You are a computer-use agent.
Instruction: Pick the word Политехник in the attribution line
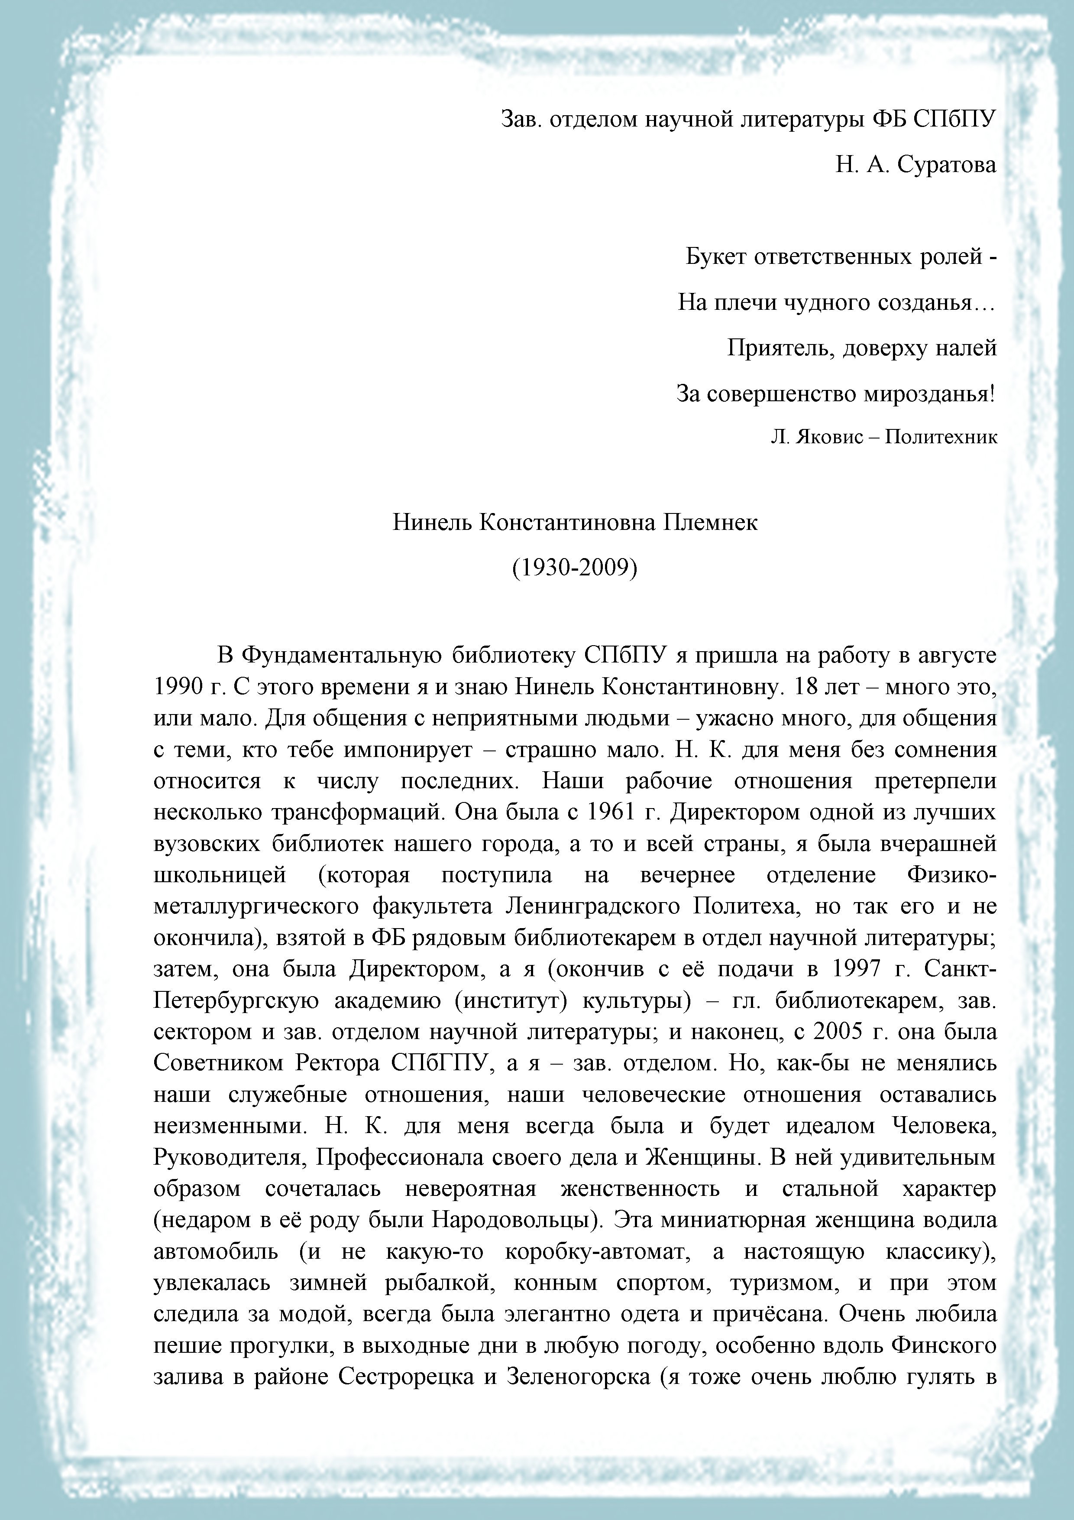940,437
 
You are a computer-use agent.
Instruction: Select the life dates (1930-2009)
574,567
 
